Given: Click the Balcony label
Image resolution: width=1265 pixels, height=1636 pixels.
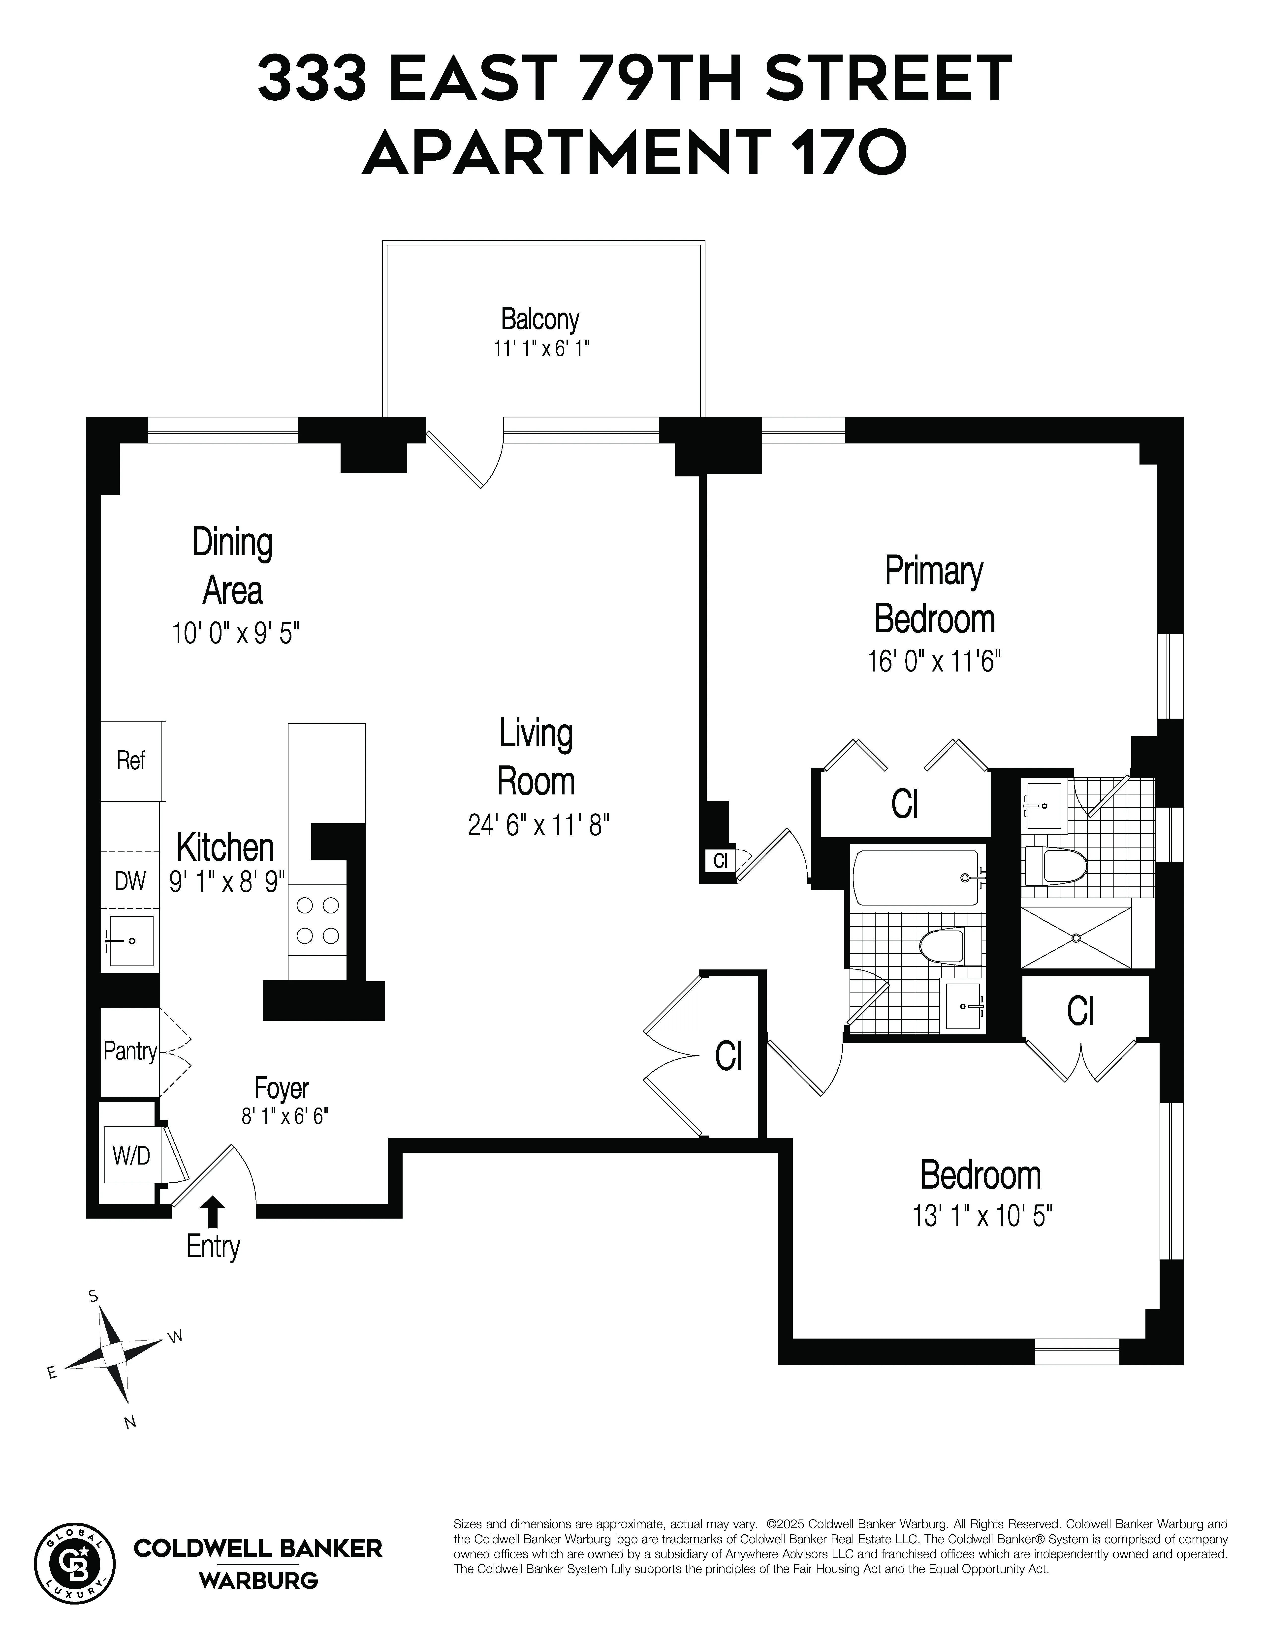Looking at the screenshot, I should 539,320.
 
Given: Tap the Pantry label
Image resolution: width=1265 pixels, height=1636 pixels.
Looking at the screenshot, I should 130,1051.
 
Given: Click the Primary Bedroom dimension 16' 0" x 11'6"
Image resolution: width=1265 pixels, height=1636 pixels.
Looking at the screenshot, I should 934,661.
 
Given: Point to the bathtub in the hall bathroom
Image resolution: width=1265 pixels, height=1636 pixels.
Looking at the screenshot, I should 916,877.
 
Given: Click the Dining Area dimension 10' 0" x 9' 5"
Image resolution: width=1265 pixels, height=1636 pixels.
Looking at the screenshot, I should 235,634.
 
